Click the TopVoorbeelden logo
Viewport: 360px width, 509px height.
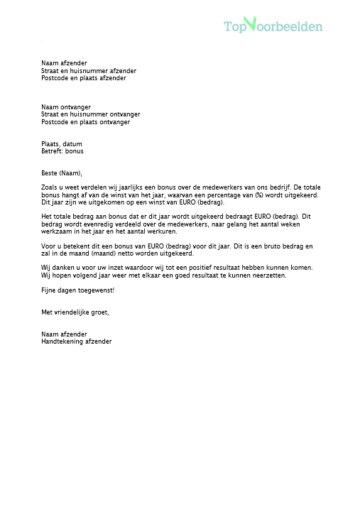pyautogui.click(x=273, y=26)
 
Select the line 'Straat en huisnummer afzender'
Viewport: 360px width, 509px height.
pyautogui.click(x=89, y=70)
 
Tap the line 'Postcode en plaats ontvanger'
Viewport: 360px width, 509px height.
pyautogui.click(x=85, y=122)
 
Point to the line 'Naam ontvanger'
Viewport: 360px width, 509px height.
pyautogui.click(x=66, y=106)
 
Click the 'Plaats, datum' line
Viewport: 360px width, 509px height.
pyautogui.click(x=62, y=144)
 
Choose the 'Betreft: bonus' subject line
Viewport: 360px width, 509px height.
pyautogui.click(x=62, y=151)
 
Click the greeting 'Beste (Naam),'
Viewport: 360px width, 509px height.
pyautogui.click(x=62, y=173)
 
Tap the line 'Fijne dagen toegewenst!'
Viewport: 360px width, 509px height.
pyautogui.click(x=77, y=290)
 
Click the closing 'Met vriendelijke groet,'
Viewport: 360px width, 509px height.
pyautogui.click(x=75, y=312)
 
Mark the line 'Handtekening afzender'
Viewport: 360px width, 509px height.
pyautogui.click(x=77, y=341)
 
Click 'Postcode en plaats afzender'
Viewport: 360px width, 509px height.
pyautogui.click(x=84, y=78)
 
